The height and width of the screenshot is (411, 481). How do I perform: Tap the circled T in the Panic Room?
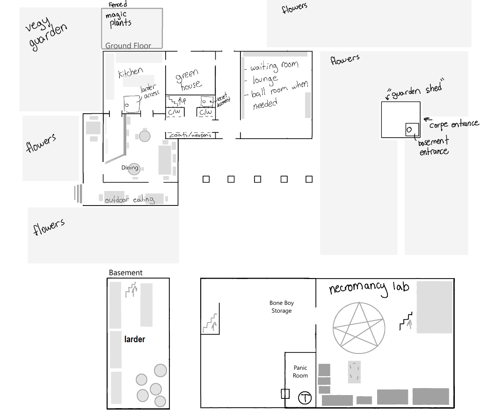pos(305,398)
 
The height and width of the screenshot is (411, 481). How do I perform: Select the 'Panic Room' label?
pos(300,372)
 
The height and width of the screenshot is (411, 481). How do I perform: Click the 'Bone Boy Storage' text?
pos(282,307)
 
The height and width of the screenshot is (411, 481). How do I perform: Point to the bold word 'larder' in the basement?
pos(135,339)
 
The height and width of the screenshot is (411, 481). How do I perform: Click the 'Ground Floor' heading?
pos(128,46)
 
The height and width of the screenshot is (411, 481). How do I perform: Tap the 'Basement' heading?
pos(126,273)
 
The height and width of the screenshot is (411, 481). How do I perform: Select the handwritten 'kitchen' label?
pos(131,73)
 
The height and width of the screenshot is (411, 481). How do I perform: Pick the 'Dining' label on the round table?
pos(130,168)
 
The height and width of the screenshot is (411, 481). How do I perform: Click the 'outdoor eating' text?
pos(130,200)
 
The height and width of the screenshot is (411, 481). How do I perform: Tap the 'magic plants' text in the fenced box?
pos(118,20)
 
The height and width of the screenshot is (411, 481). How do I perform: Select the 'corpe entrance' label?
pos(454,124)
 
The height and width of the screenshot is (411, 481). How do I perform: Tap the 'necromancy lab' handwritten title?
pos(369,288)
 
